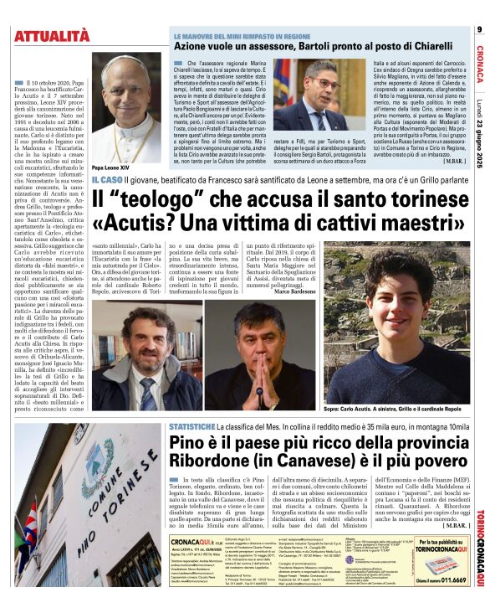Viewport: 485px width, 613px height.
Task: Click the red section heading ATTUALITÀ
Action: click(x=51, y=35)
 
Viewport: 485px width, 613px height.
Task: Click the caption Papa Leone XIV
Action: click(x=98, y=167)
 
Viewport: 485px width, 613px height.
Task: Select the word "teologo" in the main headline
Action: click(x=160, y=202)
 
